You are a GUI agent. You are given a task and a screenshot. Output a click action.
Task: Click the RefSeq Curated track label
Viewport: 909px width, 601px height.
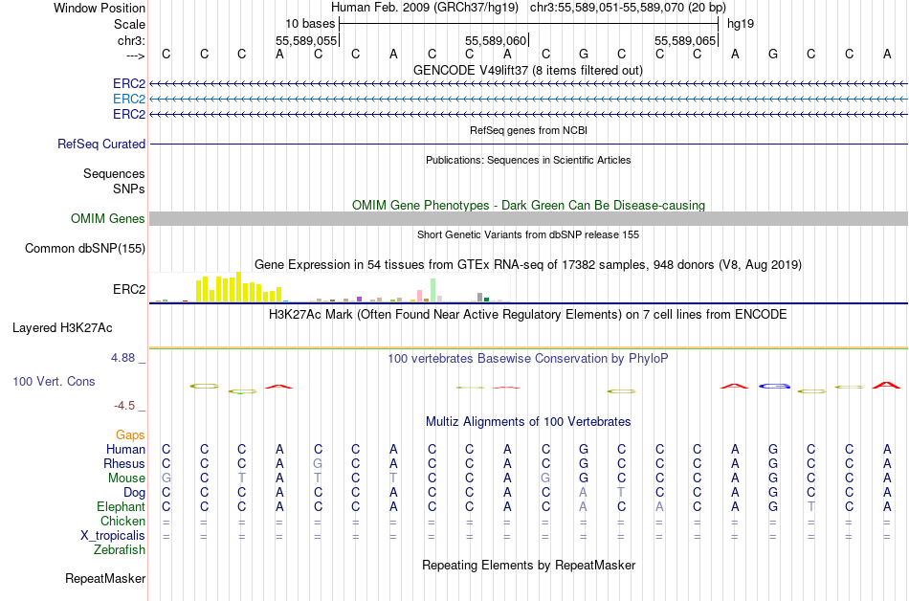click(x=101, y=144)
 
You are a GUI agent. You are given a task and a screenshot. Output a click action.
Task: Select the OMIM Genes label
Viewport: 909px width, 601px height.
click(x=108, y=219)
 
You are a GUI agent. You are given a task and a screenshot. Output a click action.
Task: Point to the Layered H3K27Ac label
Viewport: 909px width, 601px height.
click(x=62, y=327)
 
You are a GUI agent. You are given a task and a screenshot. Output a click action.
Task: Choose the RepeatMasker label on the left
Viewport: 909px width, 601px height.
click(x=105, y=578)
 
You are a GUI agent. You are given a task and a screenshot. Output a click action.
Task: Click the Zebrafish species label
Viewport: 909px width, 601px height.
click(x=120, y=550)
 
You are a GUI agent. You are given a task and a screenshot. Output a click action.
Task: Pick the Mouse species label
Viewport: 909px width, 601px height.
click(x=126, y=479)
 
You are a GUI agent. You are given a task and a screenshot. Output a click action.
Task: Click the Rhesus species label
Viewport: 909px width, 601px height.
click(x=124, y=464)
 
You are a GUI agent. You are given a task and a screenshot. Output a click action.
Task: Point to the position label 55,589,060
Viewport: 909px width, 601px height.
click(x=495, y=41)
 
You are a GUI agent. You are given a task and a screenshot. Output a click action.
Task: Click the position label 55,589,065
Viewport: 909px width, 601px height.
click(x=684, y=41)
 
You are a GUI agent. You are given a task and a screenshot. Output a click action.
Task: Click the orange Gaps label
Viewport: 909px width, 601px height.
click(x=130, y=435)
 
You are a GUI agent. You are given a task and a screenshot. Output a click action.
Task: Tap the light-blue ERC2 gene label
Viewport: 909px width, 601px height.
click(x=128, y=99)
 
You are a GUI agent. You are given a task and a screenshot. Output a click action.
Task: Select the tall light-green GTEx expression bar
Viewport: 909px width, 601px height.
click(x=433, y=290)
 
